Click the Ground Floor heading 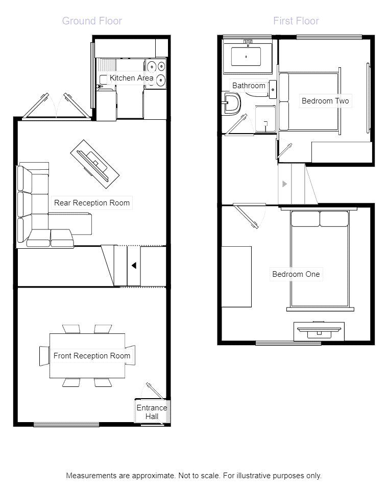coord(92,21)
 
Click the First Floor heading coord(296,21)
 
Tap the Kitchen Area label coord(131,78)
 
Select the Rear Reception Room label coord(92,203)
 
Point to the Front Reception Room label coord(92,356)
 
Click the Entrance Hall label coord(152,412)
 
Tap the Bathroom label coord(249,86)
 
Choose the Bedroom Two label coord(325,101)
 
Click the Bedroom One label coord(296,274)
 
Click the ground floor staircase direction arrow coord(133,266)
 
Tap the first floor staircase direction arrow coord(284,184)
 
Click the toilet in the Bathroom coord(233,102)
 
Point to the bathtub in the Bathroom coord(246,57)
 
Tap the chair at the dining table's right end coord(131,355)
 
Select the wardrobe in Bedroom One coord(236,276)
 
